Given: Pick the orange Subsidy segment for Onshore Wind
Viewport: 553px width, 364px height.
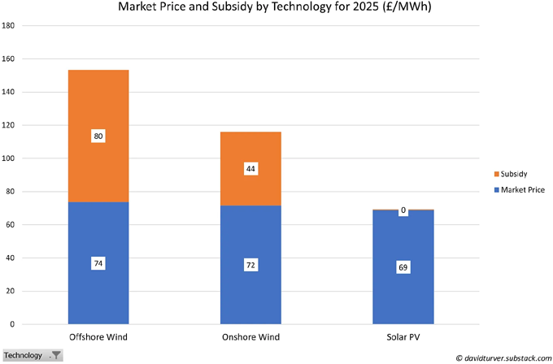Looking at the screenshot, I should coord(250,150).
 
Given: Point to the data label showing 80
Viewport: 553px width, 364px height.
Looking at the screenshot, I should coord(98,136).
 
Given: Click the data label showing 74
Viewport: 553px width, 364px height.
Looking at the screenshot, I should coord(98,263).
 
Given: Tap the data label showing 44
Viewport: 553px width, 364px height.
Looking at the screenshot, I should coord(250,169).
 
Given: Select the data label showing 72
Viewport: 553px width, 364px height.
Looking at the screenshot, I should coord(250,265).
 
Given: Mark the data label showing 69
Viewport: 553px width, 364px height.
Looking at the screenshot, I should coord(403,267).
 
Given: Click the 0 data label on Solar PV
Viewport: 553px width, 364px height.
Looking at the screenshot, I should coord(403,210).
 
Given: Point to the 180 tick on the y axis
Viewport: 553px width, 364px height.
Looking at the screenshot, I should coord(8,25).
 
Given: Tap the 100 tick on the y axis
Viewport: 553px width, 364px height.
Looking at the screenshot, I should coord(8,158).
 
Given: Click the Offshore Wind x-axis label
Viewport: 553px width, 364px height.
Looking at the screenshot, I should coord(98,336).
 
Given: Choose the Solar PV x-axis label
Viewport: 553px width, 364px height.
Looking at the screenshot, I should coord(403,336).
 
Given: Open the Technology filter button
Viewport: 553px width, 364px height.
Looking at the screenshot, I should coord(55,355).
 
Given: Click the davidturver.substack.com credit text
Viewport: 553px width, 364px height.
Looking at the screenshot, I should coord(502,357).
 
